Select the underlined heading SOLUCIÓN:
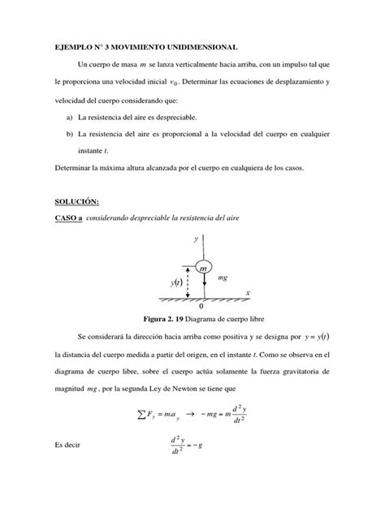(x=79, y=201)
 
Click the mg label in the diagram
(x=222, y=278)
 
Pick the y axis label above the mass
(x=196, y=240)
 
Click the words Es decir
(x=69, y=446)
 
